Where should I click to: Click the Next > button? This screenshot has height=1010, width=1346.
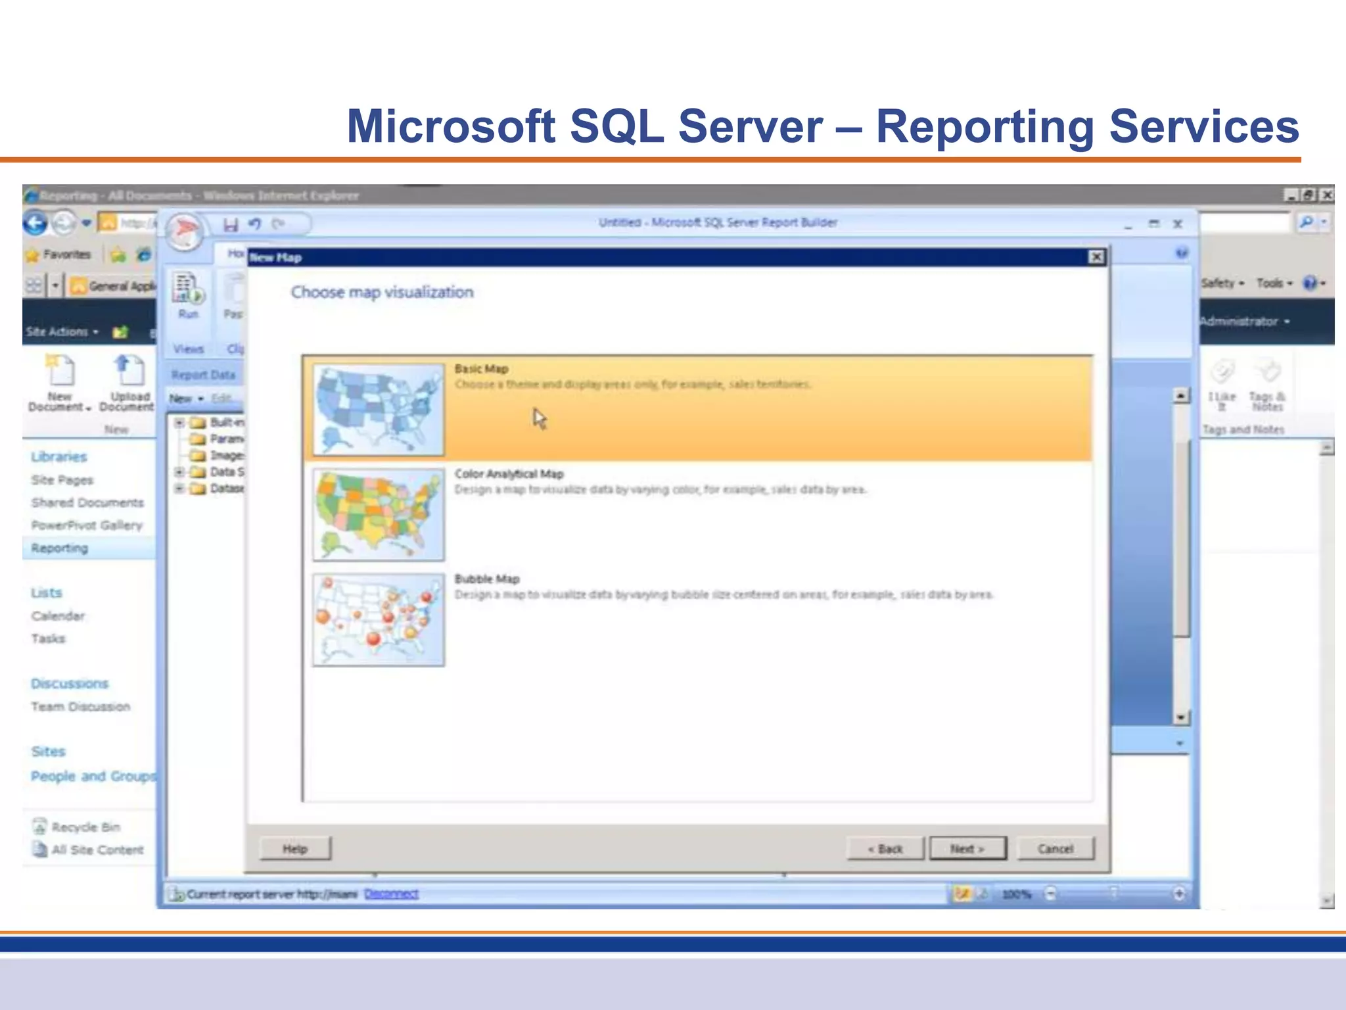coord(967,848)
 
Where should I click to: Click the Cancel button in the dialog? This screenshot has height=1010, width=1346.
coord(1055,848)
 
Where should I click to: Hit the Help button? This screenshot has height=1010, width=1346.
coord(295,848)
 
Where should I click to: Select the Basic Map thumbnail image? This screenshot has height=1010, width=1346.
coord(379,409)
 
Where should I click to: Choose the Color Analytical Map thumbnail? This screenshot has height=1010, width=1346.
coord(379,514)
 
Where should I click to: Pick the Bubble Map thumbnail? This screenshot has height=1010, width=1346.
coord(379,619)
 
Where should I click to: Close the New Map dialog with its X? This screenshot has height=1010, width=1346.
coord(1096,257)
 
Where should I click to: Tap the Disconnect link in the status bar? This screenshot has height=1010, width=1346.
coord(391,894)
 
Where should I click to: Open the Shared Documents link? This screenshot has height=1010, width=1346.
coord(87,502)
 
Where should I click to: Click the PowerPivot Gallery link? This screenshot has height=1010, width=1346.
coord(87,525)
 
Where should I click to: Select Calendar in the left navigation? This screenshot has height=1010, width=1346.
coord(58,615)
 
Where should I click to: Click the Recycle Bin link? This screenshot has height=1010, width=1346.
coord(85,827)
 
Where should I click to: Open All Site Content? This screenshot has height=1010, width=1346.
coord(97,850)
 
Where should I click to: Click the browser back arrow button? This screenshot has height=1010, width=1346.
coord(35,223)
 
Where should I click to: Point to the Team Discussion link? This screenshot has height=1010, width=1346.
coord(80,706)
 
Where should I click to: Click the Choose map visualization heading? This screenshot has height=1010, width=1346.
coord(382,292)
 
